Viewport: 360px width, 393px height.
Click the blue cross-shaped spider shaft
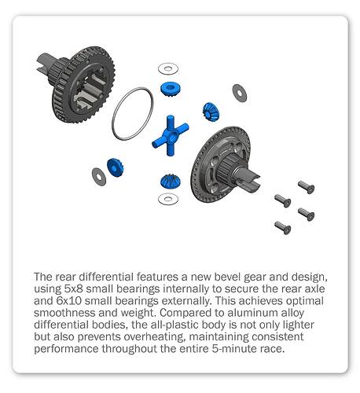[x=171, y=135]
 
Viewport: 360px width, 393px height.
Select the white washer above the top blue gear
[x=168, y=69]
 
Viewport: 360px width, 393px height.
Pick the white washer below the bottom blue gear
[x=168, y=199]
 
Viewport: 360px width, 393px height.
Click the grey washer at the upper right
[x=240, y=93]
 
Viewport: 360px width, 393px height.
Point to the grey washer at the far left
[x=99, y=177]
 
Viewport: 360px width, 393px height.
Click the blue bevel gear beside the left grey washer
[x=116, y=167]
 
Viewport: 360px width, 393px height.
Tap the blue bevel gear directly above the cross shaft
[x=171, y=89]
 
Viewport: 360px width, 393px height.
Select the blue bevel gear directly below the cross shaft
[x=171, y=182]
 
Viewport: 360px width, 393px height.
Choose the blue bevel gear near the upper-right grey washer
[x=211, y=112]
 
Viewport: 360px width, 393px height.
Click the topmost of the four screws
[x=306, y=187]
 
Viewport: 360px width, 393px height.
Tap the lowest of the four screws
[x=283, y=228]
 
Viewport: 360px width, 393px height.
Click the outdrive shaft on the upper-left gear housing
[x=46, y=63]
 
